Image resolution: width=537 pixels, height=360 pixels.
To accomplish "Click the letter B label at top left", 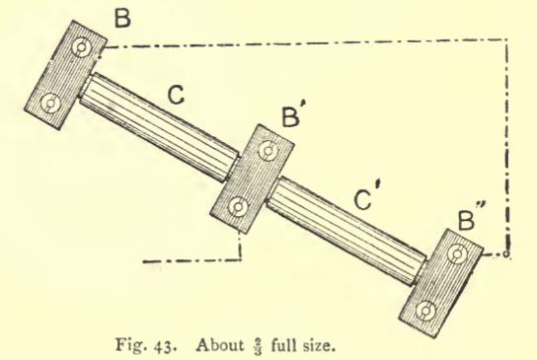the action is tap(122, 18).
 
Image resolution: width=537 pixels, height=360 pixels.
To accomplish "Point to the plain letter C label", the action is tap(176, 95).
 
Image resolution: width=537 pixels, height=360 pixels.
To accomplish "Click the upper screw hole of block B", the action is tap(82, 47).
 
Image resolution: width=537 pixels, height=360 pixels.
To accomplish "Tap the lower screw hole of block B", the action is tap(50, 103).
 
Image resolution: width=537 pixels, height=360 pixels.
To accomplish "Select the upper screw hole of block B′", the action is tap(268, 151).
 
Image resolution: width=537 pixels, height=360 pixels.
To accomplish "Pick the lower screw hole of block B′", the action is tap(238, 207).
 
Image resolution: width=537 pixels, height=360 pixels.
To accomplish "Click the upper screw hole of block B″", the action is tap(457, 253).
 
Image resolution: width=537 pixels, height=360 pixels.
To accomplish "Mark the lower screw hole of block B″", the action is tap(425, 311).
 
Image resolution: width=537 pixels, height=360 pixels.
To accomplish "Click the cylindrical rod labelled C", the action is tap(159, 127).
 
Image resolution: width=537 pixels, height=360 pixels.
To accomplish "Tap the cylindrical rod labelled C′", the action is tap(346, 231).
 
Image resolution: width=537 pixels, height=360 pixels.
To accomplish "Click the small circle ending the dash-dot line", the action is tap(506, 253).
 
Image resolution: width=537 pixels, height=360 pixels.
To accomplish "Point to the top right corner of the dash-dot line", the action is tap(506, 40).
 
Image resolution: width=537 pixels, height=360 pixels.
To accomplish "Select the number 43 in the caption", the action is tap(163, 346).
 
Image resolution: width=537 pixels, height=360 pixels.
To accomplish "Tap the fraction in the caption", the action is tap(259, 346).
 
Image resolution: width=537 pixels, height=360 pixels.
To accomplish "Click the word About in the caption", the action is tap(221, 344).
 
